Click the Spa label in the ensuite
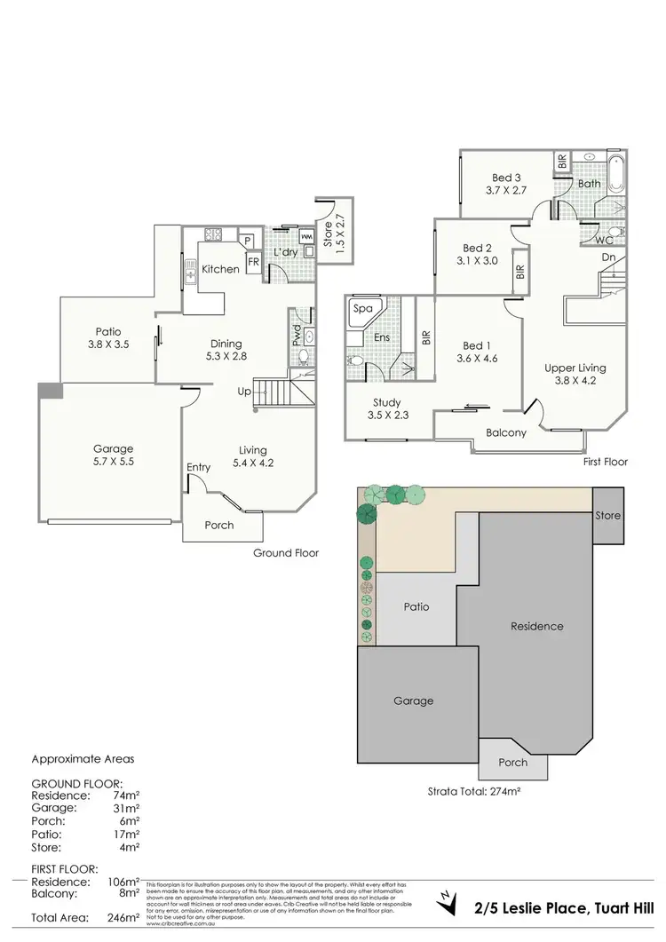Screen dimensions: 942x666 coord(362,309)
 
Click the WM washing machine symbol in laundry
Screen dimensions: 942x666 coord(306,237)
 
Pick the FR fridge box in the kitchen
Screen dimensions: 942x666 coord(253,262)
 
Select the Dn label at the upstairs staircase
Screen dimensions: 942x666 coord(608,257)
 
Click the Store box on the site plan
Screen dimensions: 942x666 coord(607,515)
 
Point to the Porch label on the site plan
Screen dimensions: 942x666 coord(512,762)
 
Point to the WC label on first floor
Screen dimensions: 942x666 coord(605,240)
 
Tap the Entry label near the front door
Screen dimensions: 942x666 coord(199,467)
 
